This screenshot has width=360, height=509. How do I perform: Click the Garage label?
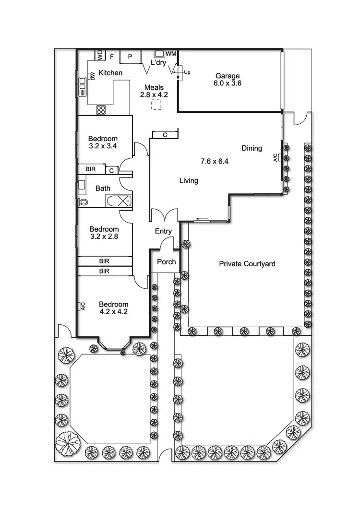pos(228,76)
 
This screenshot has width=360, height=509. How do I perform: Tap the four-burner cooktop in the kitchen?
pos(101,110)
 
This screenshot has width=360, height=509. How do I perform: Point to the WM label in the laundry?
pos(171,54)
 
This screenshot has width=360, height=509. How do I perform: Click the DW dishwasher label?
pos(92,76)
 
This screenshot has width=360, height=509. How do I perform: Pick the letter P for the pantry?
pos(130,57)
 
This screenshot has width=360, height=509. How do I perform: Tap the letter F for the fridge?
pos(112,57)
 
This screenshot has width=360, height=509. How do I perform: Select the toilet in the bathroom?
pos(84,202)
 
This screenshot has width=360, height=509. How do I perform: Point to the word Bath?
pos(103,189)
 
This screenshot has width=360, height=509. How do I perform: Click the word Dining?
pos(252,148)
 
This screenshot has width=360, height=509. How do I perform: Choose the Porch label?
pos(167,262)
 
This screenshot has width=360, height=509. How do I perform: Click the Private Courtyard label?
pos(247,264)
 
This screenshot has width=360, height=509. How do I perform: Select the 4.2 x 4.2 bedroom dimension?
pos(114,311)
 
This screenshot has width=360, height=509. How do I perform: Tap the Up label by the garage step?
pos(187,72)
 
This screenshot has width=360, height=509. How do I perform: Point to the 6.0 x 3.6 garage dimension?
pos(228,83)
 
